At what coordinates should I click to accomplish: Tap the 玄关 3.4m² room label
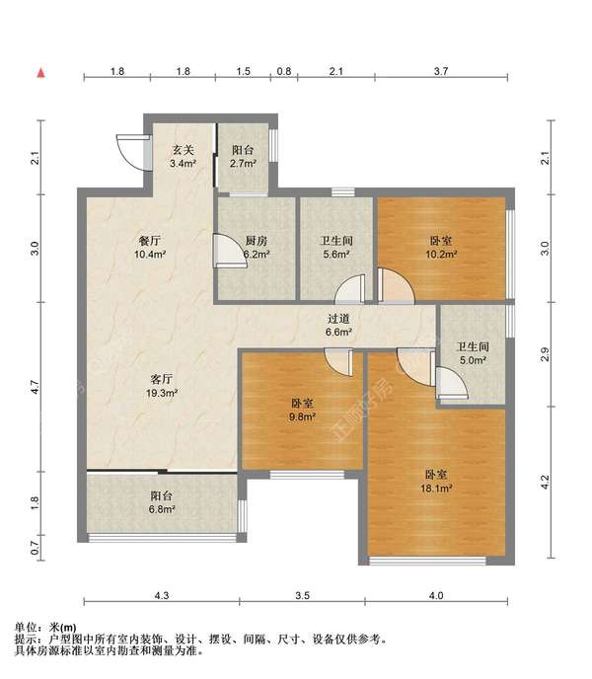click(183, 157)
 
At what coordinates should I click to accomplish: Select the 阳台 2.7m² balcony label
click(243, 157)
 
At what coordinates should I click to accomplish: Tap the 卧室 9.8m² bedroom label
click(303, 410)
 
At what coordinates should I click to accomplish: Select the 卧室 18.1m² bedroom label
click(439, 481)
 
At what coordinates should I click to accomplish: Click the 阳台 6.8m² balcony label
click(162, 503)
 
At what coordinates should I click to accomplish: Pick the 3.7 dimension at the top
click(441, 72)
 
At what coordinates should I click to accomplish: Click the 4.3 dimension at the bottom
click(162, 595)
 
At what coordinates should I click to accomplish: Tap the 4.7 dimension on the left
click(35, 387)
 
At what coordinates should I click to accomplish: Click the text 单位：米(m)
click(47, 627)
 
